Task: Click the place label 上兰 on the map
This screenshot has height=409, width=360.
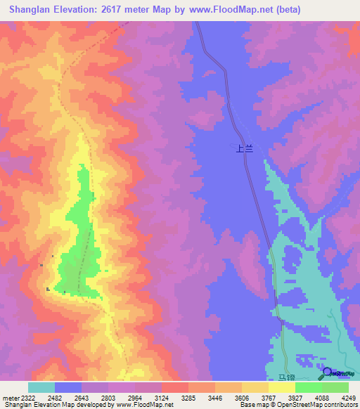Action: tap(243, 148)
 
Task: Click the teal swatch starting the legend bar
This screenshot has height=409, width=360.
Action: tap(41, 387)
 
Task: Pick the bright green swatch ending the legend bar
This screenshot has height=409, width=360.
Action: tap(335, 387)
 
